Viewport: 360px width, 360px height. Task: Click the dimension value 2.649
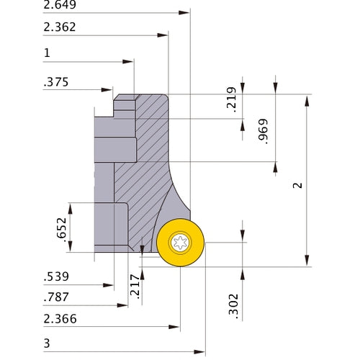click(60, 6)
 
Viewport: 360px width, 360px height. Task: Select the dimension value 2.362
click(60, 28)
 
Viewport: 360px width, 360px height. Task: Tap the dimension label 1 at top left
click(47, 53)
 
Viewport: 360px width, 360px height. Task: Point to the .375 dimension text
click(56, 82)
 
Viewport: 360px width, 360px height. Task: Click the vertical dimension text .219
click(231, 104)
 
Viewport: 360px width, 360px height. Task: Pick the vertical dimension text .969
click(263, 130)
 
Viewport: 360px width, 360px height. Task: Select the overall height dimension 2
click(297, 185)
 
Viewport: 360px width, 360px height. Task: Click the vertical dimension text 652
click(61, 228)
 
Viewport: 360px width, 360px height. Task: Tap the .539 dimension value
click(55, 276)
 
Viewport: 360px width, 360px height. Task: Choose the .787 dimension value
click(55, 296)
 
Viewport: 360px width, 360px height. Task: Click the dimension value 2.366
click(60, 318)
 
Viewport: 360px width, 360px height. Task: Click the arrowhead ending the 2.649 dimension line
click(186, 13)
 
